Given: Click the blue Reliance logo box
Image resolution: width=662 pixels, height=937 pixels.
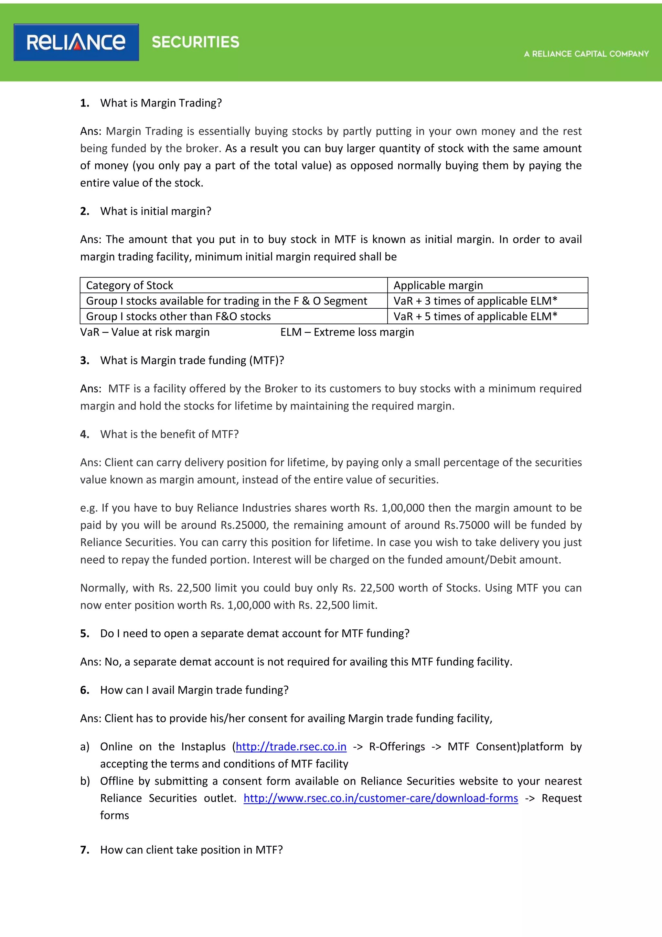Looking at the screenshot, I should (76, 42).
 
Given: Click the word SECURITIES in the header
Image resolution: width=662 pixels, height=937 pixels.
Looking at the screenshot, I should (195, 42).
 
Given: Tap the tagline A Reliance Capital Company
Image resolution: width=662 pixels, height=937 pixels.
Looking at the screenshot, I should (586, 54).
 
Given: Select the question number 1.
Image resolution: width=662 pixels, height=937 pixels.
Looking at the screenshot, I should (84, 103).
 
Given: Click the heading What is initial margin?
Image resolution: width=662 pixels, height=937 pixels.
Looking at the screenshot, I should (156, 211).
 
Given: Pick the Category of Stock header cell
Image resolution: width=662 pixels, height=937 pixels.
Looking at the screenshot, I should (130, 285).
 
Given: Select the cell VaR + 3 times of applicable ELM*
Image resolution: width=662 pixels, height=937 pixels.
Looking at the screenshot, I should (475, 301).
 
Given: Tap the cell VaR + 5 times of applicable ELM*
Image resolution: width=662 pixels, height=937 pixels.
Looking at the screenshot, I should (475, 316).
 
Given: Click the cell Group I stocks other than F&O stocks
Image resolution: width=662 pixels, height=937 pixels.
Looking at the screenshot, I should (178, 316).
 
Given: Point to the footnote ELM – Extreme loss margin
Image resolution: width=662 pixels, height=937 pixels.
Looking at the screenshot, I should (347, 332).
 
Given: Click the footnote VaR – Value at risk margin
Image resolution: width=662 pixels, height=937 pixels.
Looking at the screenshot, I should (145, 332).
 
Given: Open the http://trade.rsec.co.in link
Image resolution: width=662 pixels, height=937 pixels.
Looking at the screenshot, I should (291, 746).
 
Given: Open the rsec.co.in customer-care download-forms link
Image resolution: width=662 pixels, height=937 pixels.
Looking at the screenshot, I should (381, 798).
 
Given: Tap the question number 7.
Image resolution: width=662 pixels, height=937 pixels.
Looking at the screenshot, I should (84, 850).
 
